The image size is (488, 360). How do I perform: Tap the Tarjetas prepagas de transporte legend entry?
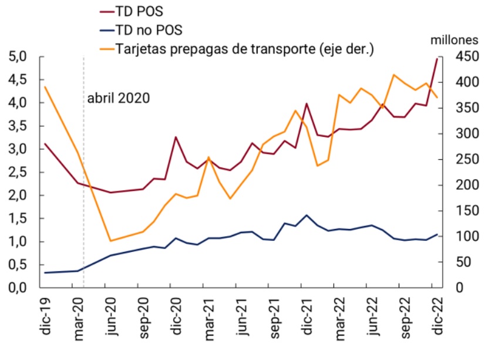245,49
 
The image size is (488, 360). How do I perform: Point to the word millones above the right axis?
456,41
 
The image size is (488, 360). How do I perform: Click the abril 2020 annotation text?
119,97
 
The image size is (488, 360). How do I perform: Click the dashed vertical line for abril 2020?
84,176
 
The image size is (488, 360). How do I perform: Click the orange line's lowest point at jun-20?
110,241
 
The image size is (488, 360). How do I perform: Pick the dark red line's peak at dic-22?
437,59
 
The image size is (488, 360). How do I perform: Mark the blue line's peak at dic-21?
307,215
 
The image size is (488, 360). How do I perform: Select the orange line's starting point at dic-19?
45,87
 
